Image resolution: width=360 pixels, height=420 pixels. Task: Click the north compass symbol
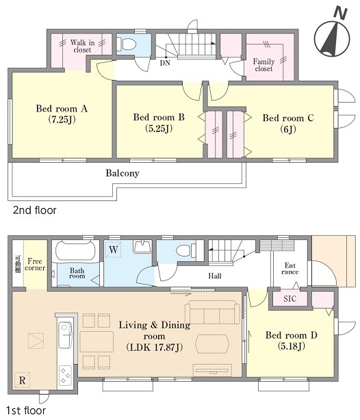coord(332,34)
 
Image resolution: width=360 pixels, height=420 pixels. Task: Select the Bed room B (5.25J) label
coord(159,122)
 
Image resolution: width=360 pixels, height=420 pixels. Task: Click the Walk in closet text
coord(82,46)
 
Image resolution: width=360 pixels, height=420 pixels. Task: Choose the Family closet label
coord(263,65)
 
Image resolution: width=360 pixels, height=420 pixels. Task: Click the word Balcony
coord(123,173)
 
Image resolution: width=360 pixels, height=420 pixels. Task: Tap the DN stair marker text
coord(165,63)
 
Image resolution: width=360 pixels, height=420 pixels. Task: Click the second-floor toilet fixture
coord(127,44)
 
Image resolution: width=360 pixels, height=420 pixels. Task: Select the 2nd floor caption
coord(35,210)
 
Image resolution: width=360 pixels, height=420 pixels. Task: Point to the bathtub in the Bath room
coord(75,251)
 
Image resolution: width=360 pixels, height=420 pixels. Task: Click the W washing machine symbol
coord(113,250)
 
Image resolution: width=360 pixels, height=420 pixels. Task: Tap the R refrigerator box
coord(23,380)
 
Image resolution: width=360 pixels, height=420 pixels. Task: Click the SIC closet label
coord(290,299)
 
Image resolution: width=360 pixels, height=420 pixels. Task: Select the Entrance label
coord(290,269)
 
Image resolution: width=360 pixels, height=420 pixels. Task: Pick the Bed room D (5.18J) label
coord(292,341)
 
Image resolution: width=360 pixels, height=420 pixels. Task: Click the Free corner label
coord(35,264)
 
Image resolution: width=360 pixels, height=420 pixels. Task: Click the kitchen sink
coord(65,334)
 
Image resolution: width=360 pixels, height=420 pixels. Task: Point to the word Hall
coord(215,276)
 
